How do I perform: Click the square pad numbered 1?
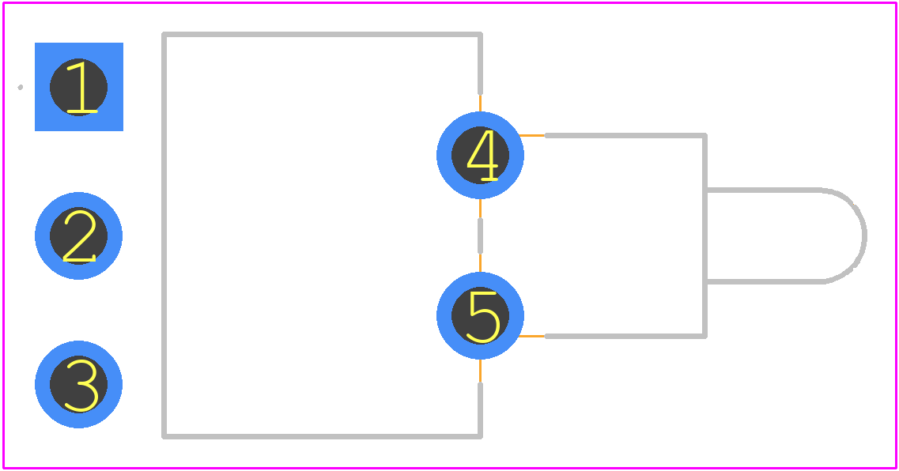click(79, 86)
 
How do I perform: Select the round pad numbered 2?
click(78, 236)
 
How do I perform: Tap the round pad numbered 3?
click(78, 385)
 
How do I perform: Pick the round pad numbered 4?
click(480, 155)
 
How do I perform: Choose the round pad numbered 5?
click(480, 316)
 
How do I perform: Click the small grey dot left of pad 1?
click(20, 87)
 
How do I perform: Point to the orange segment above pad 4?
click(480, 104)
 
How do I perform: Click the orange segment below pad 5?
click(480, 371)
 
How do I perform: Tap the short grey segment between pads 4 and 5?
click(480, 236)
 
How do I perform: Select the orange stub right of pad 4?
click(532, 136)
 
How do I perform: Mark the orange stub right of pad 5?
click(531, 336)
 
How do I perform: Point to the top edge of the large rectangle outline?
click(323, 35)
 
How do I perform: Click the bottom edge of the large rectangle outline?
click(323, 436)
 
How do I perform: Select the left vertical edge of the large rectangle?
click(164, 236)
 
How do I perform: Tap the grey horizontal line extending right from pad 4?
click(625, 136)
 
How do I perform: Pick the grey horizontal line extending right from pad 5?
click(625, 336)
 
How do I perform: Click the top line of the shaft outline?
click(763, 190)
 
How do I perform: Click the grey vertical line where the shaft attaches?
click(704, 236)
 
